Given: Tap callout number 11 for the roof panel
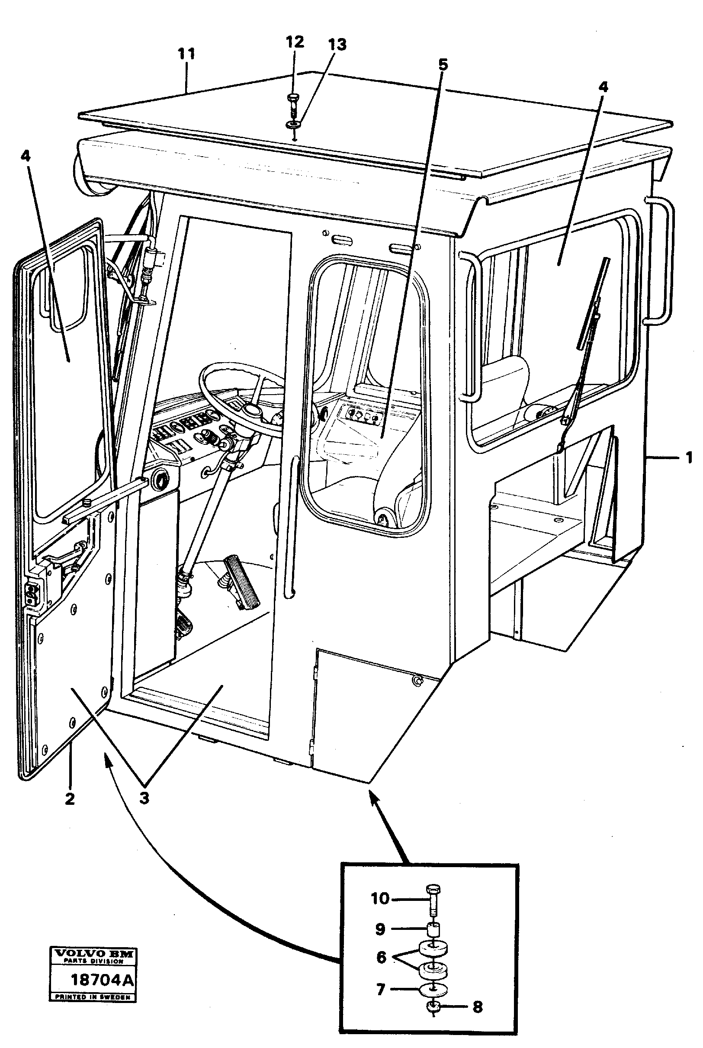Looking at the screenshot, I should [x=186, y=54].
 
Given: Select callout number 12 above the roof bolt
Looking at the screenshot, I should [x=295, y=42].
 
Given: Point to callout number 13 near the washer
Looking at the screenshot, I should [x=337, y=45].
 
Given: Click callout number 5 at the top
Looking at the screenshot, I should [x=443, y=64].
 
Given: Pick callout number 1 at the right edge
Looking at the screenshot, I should [x=689, y=458].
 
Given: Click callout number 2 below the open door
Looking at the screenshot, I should [x=70, y=799].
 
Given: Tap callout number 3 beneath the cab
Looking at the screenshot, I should [x=144, y=799].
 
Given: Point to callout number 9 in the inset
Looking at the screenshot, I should [x=380, y=929].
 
